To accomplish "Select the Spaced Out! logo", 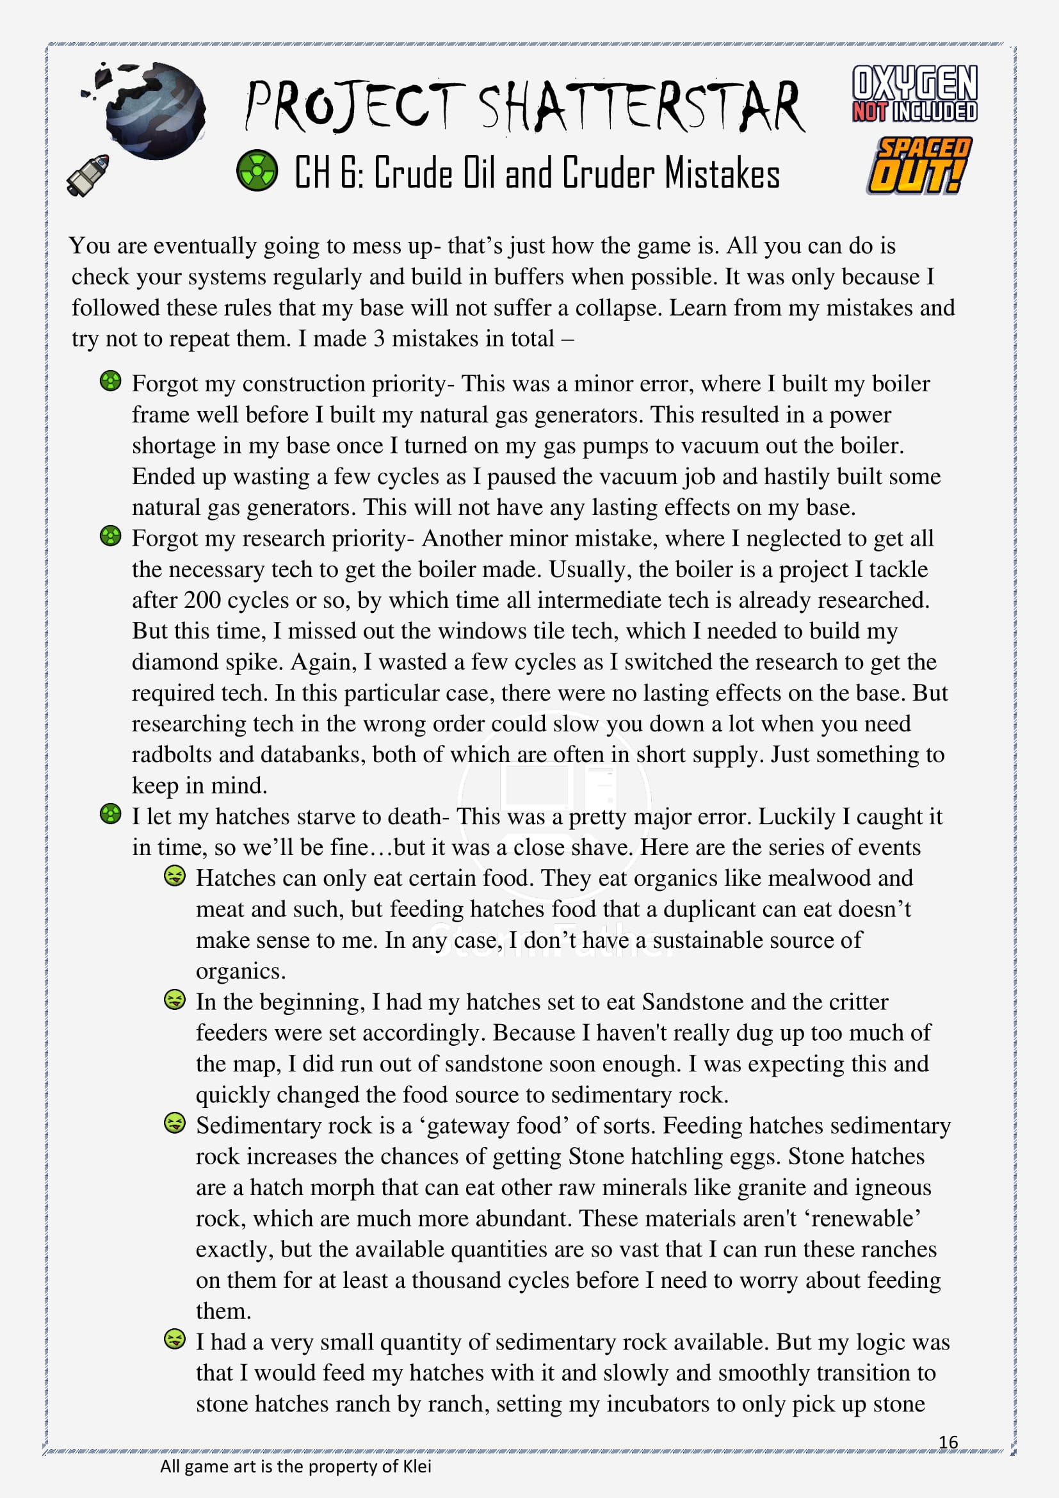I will (x=918, y=166).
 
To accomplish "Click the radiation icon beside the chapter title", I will (x=257, y=170).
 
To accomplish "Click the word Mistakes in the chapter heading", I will (x=722, y=174).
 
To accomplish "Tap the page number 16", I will (x=948, y=1442).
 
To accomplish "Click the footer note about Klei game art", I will (x=295, y=1467).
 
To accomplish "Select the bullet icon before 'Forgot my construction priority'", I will (x=111, y=381).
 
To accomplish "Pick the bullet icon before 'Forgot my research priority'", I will (x=111, y=536).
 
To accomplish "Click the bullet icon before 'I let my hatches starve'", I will (x=111, y=814).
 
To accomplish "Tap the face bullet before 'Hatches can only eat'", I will (x=174, y=876).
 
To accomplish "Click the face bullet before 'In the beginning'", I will (x=174, y=1000).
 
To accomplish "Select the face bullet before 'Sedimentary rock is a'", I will (x=174, y=1123).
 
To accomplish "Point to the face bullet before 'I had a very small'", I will (x=174, y=1340).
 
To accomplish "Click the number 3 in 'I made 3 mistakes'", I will (x=378, y=339).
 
